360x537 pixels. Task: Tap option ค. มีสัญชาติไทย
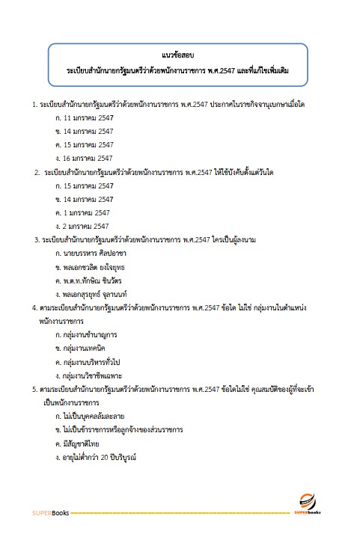click(x=82, y=443)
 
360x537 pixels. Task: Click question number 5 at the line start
click(x=34, y=389)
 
